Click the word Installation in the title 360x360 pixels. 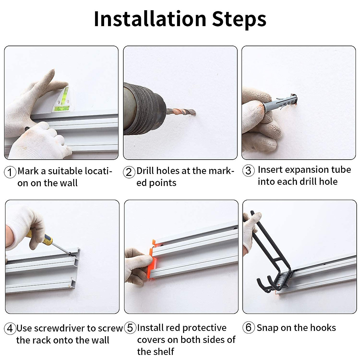(x=150, y=19)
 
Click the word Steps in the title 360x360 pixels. (x=239, y=20)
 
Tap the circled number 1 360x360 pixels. (x=10, y=172)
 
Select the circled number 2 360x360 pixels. (x=129, y=172)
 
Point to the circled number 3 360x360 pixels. (x=248, y=170)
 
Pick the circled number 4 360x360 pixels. (x=10, y=328)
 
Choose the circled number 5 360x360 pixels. (x=130, y=328)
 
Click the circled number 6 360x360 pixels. (x=248, y=327)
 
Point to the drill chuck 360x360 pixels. (x=144, y=109)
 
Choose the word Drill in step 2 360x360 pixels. (x=146, y=171)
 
